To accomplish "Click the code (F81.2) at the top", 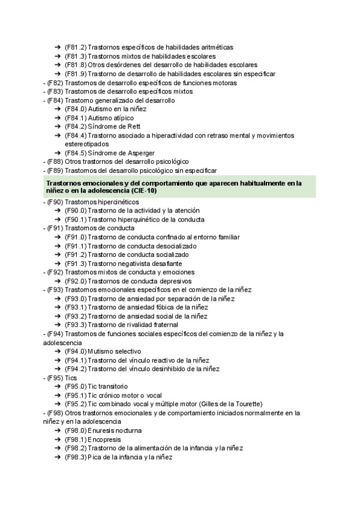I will (75, 47).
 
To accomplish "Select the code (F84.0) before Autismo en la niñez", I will (75, 109).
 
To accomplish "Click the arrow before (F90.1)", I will (57, 220).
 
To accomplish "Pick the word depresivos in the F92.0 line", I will (174, 281).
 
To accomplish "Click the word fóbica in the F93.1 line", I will (150, 307).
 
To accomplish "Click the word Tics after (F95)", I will (71, 378).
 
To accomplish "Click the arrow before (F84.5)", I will (57, 153).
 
